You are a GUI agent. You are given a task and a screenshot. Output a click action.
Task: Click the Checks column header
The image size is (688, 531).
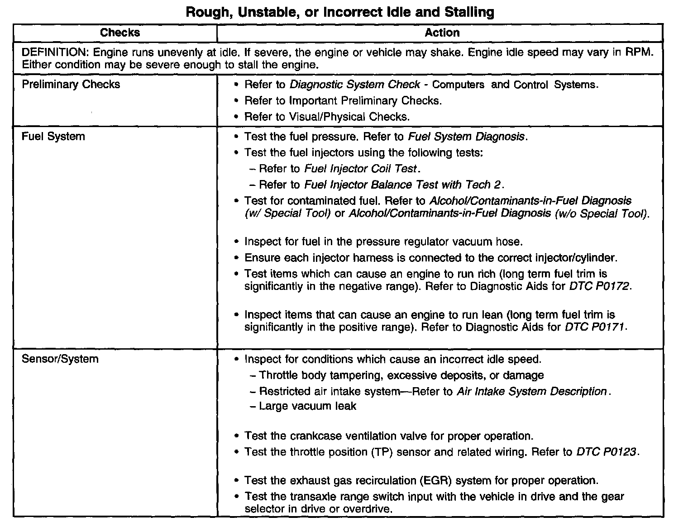tap(120, 33)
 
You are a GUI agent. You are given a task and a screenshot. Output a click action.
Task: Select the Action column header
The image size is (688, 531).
tap(442, 33)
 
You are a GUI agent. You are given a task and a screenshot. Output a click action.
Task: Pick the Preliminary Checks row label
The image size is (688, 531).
tap(71, 85)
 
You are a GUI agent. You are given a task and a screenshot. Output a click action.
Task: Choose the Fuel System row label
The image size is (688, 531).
tap(53, 137)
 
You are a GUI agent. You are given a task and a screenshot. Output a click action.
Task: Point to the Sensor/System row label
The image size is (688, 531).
tap(60, 359)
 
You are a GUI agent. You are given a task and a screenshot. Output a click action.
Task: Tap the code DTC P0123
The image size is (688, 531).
tap(607, 452)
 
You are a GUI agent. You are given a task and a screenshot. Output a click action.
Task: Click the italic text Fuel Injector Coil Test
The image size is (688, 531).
tap(360, 169)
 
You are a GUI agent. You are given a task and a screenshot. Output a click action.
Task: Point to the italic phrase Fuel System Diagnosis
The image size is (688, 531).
tap(467, 137)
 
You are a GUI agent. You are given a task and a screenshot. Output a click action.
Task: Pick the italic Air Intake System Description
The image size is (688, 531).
tap(531, 391)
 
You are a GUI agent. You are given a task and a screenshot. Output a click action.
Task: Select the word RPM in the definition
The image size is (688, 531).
tap(640, 52)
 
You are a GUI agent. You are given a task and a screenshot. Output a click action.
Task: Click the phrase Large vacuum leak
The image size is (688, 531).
tap(307, 406)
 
